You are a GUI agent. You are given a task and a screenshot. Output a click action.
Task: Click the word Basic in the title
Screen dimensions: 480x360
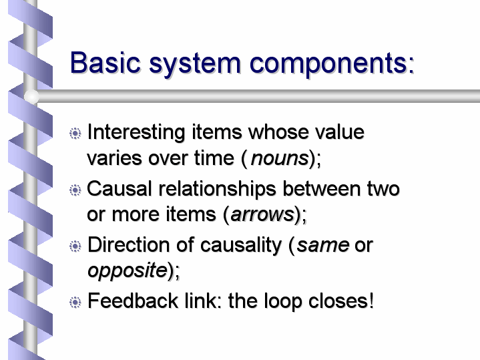105,63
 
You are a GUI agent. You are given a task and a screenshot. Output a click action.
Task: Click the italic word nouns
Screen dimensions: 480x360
280,158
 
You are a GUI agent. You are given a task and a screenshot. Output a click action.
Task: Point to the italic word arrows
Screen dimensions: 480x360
262,214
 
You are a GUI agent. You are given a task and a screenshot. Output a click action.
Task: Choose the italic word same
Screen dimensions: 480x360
323,245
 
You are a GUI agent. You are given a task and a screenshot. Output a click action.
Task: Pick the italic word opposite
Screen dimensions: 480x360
128,271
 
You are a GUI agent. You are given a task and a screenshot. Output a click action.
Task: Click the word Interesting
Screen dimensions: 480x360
136,132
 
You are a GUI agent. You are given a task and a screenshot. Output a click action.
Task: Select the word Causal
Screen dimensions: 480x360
119,188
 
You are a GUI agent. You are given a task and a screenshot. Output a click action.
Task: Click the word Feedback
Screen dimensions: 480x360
133,301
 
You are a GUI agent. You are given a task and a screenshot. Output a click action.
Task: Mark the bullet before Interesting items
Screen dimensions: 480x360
75,134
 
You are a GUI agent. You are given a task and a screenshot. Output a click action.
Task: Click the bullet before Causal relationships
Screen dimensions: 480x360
75,190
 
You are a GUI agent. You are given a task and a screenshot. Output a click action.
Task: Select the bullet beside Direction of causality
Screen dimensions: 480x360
75,246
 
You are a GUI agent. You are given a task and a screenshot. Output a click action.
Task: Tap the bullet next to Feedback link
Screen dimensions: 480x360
75,303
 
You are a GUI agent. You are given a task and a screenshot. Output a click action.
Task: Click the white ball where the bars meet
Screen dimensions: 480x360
31,96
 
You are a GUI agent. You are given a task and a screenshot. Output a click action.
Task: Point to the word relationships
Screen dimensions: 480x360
218,190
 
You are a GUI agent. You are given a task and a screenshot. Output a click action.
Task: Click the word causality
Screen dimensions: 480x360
241,246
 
